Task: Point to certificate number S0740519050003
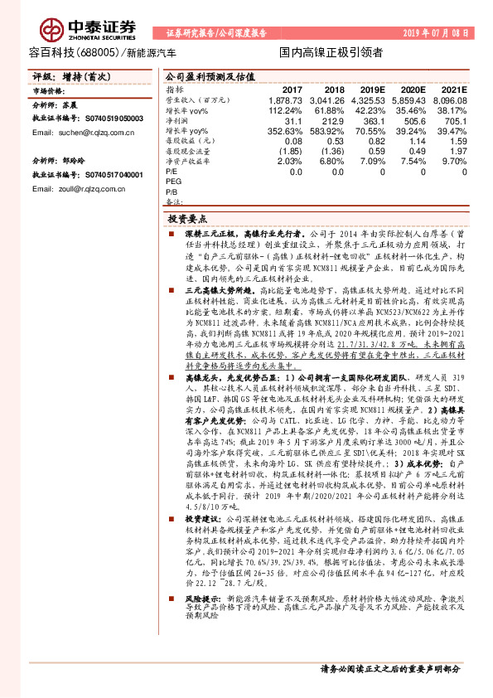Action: coord(109,119)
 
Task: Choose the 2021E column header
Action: coord(455,89)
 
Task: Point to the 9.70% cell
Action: coord(455,162)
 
